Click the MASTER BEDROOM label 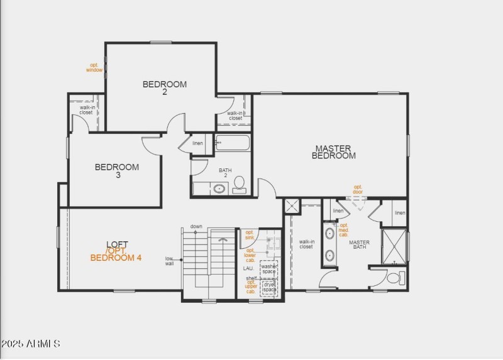tap(333, 152)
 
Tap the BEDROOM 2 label tap(165, 88)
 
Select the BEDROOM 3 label tap(117, 171)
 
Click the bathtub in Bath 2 tap(233, 143)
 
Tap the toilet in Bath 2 tap(239, 185)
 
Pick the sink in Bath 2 tap(219, 188)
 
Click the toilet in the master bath tap(394, 277)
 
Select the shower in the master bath tap(394, 247)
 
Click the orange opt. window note tap(94, 67)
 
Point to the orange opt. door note tap(358, 189)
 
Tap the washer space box tap(269, 269)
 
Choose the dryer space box tap(269, 286)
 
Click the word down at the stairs tap(196, 226)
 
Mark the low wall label tap(170, 261)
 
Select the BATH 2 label tap(225, 173)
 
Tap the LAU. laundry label tap(248, 268)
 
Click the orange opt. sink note tap(250, 235)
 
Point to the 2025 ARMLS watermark tap(31, 344)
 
